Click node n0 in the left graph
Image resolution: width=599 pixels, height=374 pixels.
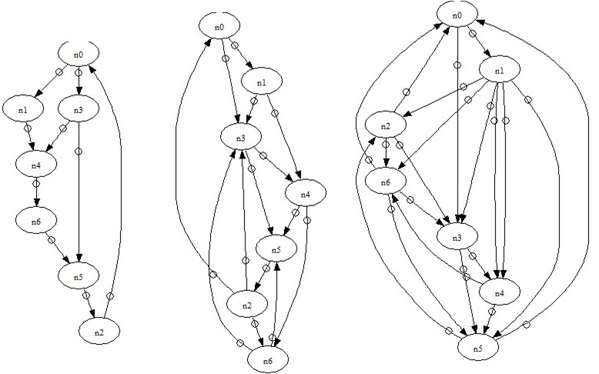pyautogui.click(x=79, y=54)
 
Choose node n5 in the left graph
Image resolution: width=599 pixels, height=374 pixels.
pyautogui.click(x=79, y=275)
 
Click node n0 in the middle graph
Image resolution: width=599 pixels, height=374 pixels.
pyautogui.click(x=219, y=27)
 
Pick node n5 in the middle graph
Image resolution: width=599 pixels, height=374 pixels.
pyautogui.click(x=276, y=249)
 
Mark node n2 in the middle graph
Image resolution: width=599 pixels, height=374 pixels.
pyautogui.click(x=246, y=305)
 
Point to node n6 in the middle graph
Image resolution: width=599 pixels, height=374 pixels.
pyautogui.click(x=266, y=359)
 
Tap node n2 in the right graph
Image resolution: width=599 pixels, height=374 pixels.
pyautogui.click(x=387, y=125)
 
